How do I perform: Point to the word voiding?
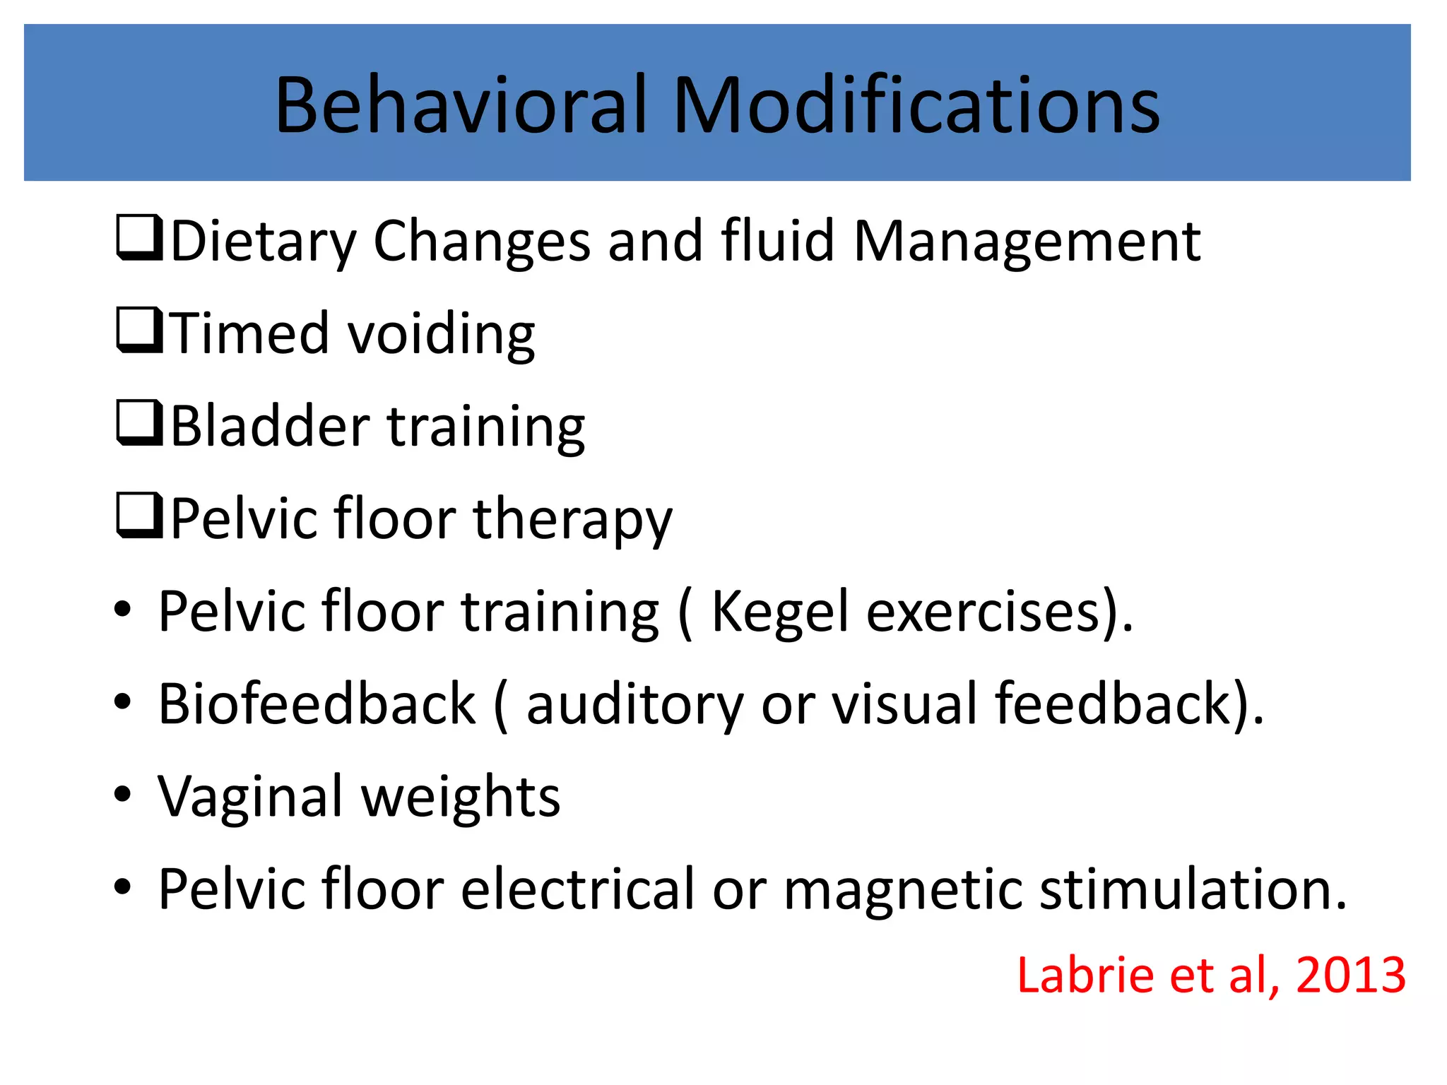(x=442, y=333)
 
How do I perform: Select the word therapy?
(x=572, y=520)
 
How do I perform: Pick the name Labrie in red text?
(x=1085, y=976)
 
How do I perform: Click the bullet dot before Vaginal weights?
(x=123, y=794)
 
